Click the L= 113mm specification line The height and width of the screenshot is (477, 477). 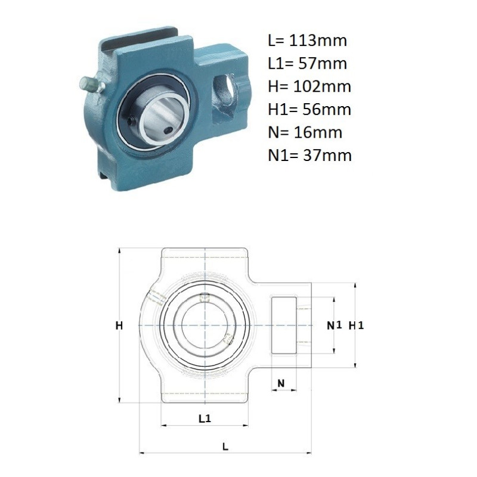(x=307, y=41)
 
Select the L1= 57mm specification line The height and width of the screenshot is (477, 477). (x=307, y=63)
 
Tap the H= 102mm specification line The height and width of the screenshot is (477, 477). (x=309, y=86)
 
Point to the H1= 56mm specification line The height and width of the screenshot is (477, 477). (x=309, y=109)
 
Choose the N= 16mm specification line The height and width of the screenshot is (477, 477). (x=305, y=132)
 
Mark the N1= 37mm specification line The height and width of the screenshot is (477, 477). (x=309, y=155)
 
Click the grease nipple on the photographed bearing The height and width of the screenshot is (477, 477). (x=92, y=84)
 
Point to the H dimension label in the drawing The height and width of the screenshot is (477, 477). (x=119, y=326)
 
